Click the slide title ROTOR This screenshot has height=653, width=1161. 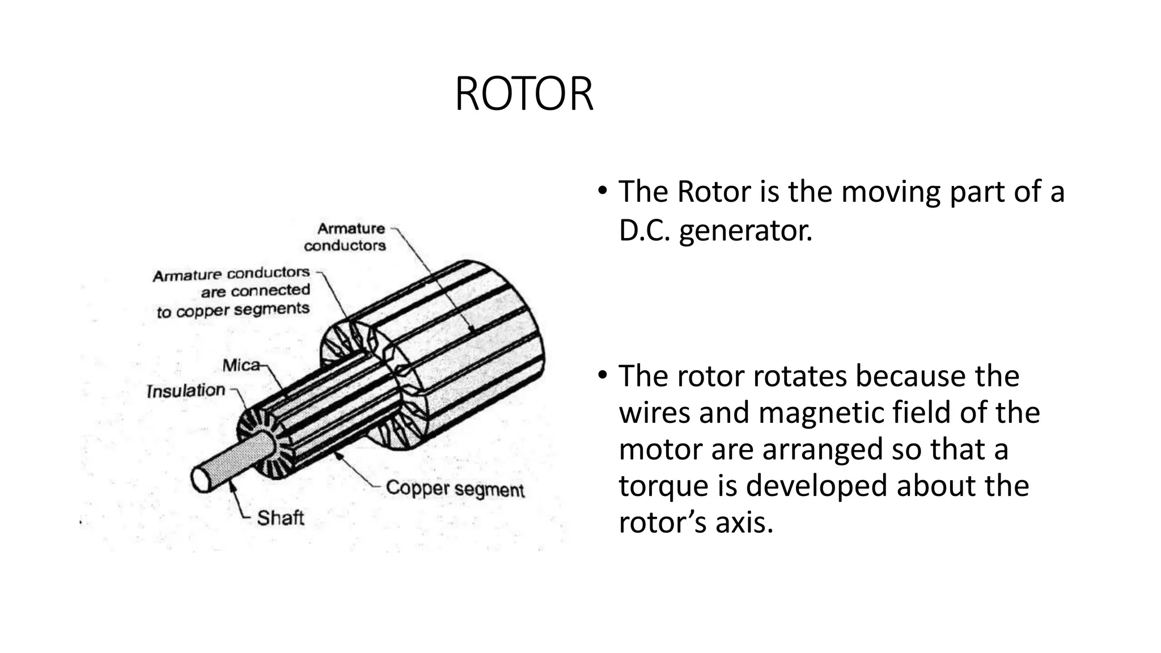(x=524, y=94)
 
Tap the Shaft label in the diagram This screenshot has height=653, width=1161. (x=280, y=518)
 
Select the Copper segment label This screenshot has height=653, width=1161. (x=455, y=489)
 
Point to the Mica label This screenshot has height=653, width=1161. (x=241, y=366)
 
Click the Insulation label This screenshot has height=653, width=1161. (x=186, y=391)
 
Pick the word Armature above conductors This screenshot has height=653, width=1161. (x=351, y=228)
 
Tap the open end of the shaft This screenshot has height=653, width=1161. (x=200, y=480)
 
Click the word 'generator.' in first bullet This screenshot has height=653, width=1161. (x=745, y=230)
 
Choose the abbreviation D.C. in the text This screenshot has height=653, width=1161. (x=644, y=230)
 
